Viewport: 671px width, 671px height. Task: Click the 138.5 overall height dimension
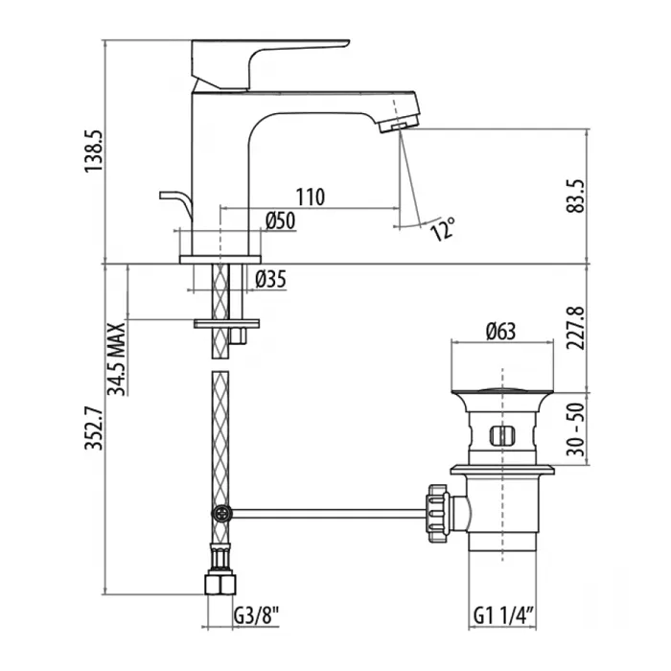point(93,151)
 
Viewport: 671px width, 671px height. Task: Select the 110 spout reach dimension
point(311,197)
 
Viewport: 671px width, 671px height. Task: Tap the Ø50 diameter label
point(280,221)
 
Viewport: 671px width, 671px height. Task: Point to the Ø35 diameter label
point(270,280)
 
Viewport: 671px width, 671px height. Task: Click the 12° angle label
point(443,229)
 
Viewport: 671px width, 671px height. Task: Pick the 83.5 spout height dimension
point(575,196)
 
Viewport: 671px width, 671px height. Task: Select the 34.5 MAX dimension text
point(116,359)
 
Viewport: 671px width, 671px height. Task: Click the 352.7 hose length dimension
point(94,428)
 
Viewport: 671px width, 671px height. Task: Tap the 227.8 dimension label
point(575,328)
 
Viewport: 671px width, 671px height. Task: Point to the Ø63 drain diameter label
point(500,332)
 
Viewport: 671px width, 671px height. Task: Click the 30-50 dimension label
point(576,429)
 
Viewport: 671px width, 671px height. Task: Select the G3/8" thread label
point(256,616)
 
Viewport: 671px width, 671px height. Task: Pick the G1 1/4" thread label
point(503,616)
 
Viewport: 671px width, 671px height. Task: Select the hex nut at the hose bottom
point(220,583)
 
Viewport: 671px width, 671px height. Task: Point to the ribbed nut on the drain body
point(437,514)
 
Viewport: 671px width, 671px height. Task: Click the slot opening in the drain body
point(502,436)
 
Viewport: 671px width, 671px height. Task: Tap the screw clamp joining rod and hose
point(221,513)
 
